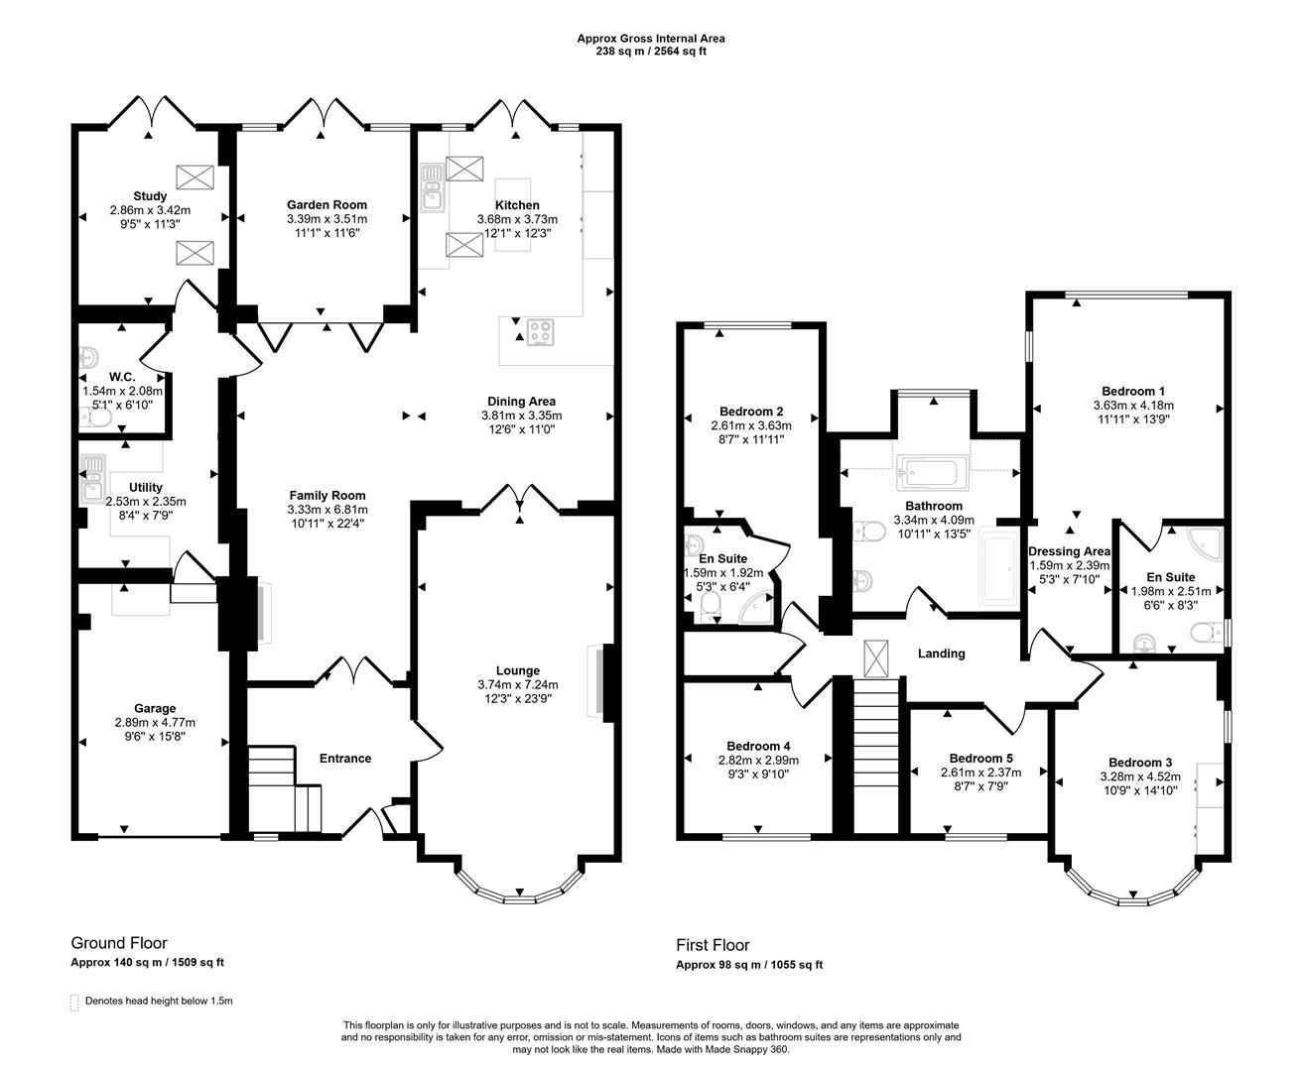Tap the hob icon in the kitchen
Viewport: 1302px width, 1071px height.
[x=541, y=331]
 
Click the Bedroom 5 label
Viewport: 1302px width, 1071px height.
[x=980, y=758]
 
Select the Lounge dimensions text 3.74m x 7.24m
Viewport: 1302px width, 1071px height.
[x=518, y=684]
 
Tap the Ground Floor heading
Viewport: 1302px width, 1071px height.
[x=119, y=943]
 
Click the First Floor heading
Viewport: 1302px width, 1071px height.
[x=713, y=945]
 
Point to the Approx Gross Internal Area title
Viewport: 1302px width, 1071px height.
[x=651, y=39]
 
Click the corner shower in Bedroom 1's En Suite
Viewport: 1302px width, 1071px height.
[x=1207, y=542]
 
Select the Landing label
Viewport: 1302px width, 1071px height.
[x=941, y=654]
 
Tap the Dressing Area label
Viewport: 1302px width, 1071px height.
[x=1069, y=551]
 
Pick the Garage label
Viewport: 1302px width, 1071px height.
[x=156, y=708]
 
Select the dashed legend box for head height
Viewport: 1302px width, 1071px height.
[x=74, y=1002]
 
